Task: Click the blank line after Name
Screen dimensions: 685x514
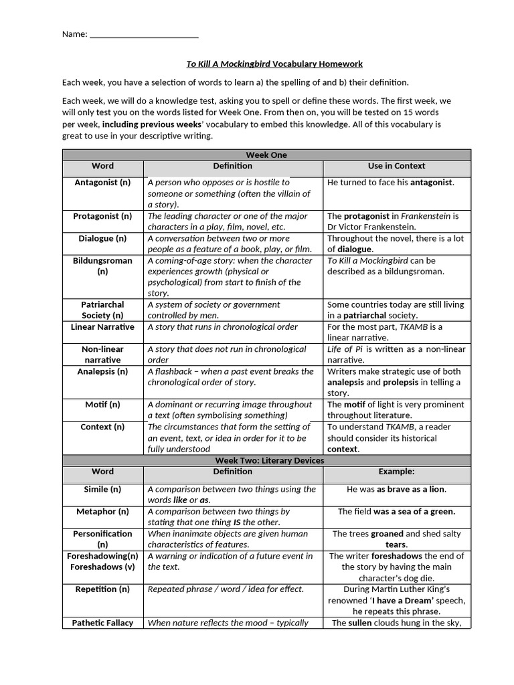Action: point(143,35)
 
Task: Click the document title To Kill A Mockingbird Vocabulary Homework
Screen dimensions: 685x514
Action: point(274,64)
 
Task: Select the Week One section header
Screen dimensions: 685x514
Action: point(266,155)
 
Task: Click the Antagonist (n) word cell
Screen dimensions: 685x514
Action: point(102,183)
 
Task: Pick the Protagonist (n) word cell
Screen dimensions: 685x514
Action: point(102,216)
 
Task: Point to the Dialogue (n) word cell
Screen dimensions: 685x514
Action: point(102,238)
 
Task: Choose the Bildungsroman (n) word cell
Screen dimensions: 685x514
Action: point(102,266)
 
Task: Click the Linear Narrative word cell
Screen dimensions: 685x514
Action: point(102,327)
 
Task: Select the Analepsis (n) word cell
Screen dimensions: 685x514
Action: point(102,371)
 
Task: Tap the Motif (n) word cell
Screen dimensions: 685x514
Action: point(102,405)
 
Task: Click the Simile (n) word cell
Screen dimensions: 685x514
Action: point(102,490)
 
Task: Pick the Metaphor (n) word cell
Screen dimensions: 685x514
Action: point(102,512)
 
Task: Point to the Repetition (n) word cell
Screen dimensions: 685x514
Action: point(102,589)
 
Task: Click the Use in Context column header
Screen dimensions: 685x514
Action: point(396,166)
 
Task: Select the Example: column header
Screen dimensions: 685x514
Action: point(396,472)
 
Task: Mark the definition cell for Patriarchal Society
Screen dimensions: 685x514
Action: point(232,310)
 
